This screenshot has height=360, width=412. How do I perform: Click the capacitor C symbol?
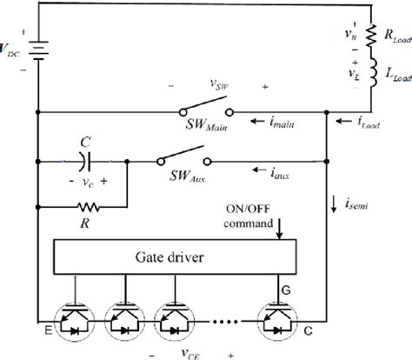[x=83, y=162]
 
